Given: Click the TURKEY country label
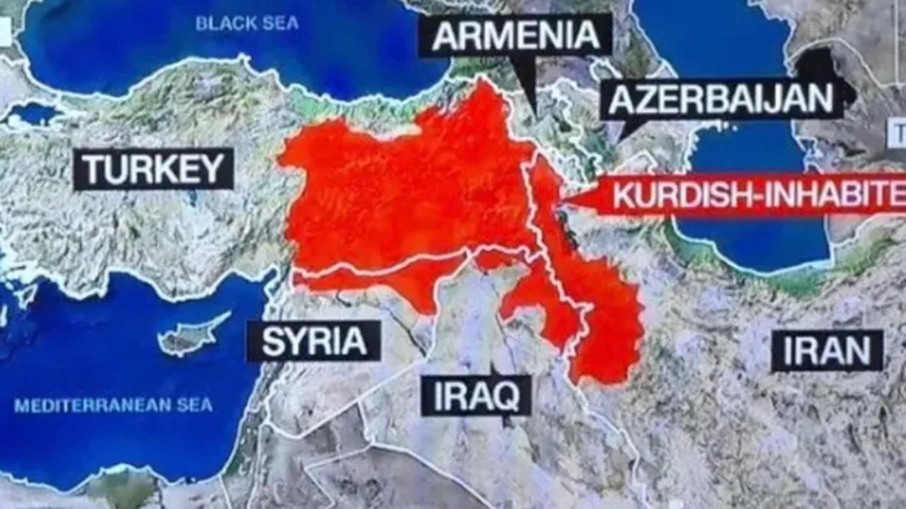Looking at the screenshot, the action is [153, 169].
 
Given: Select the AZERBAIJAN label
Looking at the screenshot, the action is [721, 99].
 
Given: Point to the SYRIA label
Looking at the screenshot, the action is [314, 341].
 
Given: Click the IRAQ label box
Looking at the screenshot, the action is [476, 396].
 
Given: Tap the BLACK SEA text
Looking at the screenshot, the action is [247, 23].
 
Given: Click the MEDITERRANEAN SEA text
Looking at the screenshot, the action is [113, 406].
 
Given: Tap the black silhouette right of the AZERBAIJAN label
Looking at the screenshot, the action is [825, 67].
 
